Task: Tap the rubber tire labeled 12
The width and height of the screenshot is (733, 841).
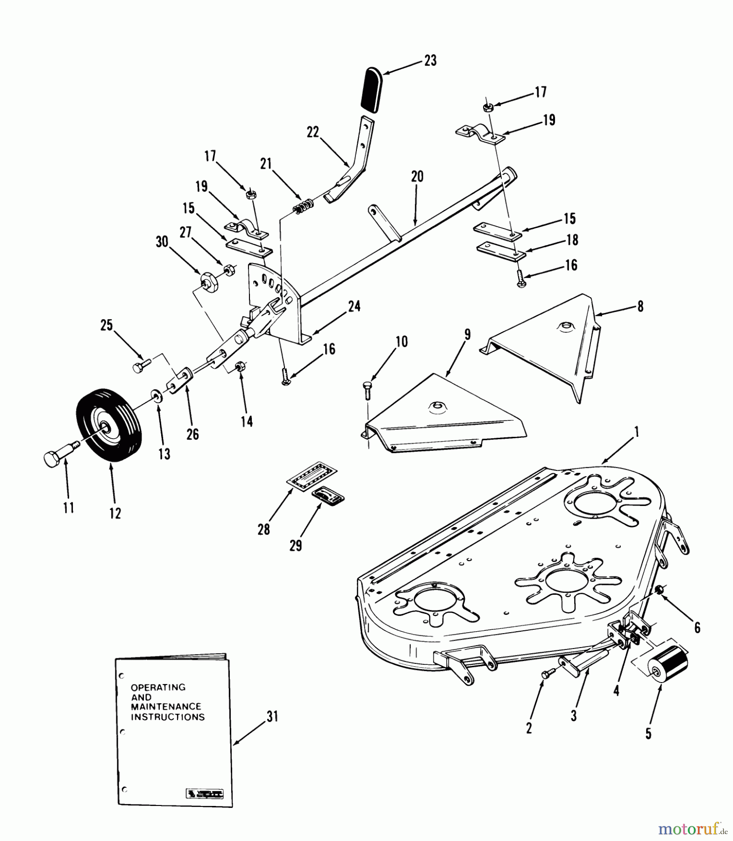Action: click(x=108, y=425)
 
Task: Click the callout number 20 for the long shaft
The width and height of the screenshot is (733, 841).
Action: click(x=417, y=176)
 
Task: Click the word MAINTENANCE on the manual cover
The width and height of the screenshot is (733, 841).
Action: click(x=166, y=706)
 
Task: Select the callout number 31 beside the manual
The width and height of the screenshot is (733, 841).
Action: click(x=272, y=716)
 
